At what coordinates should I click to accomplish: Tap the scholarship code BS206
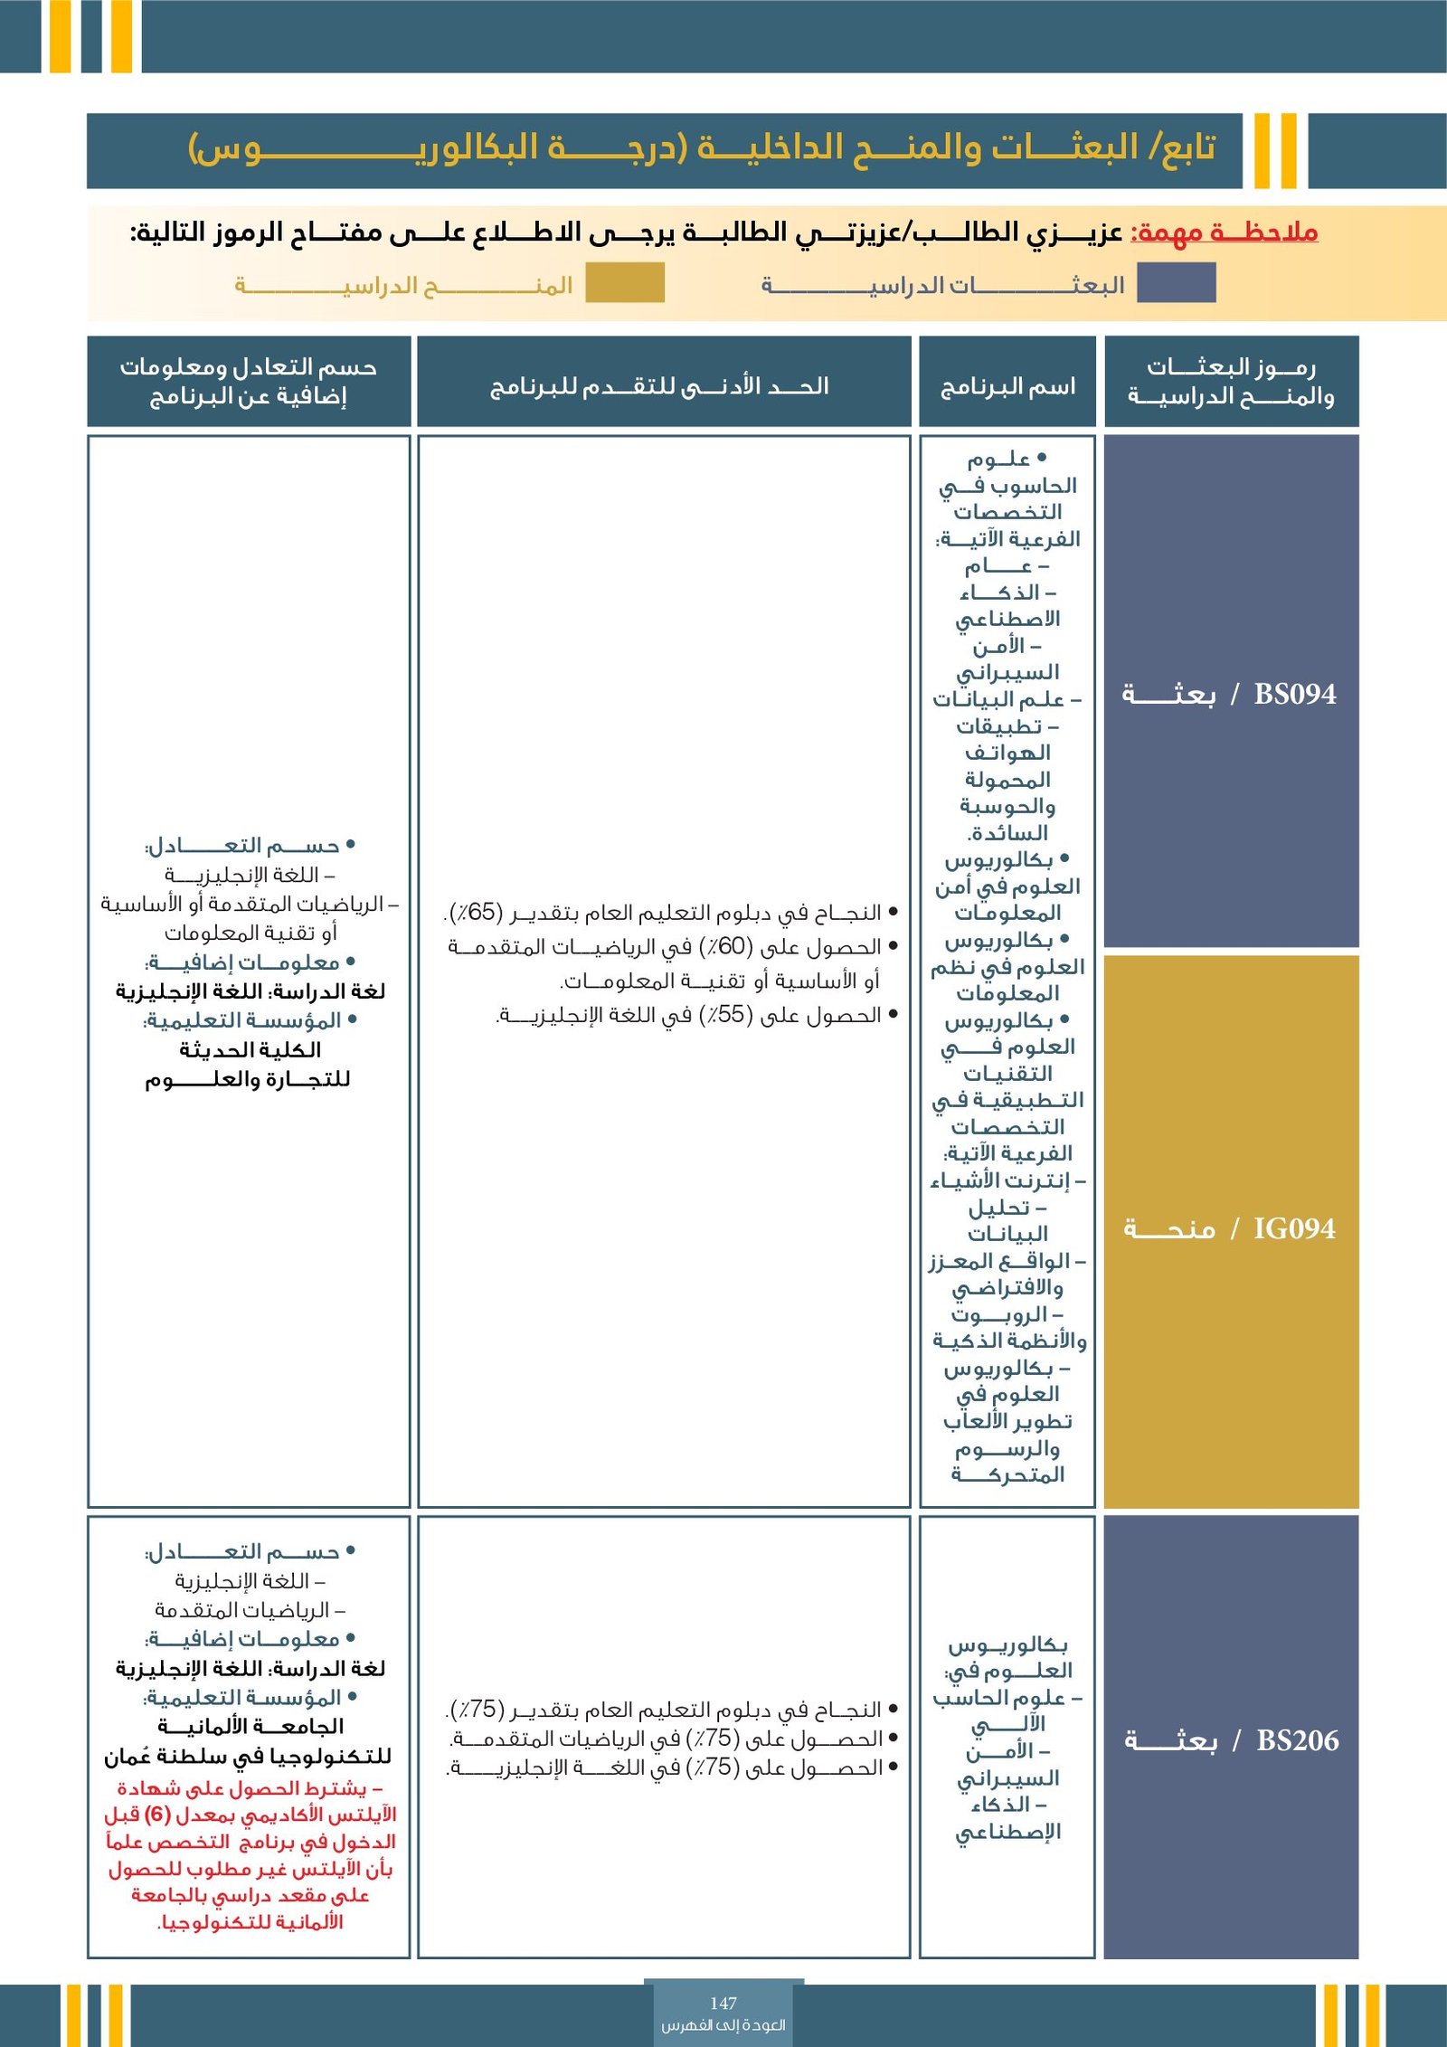(x=1297, y=1739)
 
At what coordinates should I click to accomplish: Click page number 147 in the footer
(x=723, y=2003)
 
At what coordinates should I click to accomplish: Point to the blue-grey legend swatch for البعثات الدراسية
(x=1176, y=283)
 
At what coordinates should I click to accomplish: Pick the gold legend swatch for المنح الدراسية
(x=625, y=283)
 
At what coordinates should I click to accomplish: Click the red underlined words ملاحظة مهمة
(x=1226, y=232)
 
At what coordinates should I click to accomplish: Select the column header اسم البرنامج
(x=1007, y=387)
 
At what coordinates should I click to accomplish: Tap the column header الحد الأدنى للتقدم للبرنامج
(x=660, y=387)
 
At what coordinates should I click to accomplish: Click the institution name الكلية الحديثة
(x=250, y=1050)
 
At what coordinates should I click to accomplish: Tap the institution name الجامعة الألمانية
(x=250, y=1726)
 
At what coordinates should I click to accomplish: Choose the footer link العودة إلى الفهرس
(x=723, y=2025)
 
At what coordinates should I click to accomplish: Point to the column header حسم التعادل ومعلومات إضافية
(x=249, y=381)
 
